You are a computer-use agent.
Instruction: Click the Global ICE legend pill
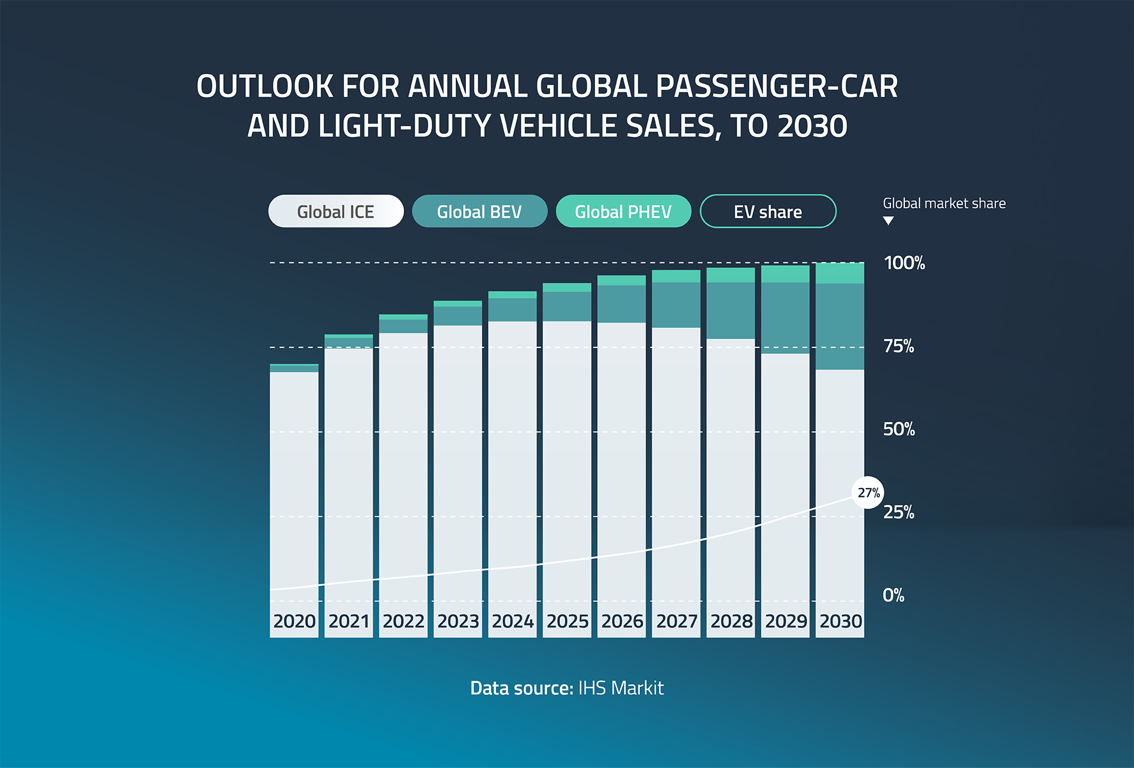click(x=335, y=211)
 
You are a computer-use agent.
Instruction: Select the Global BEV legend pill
click(x=479, y=211)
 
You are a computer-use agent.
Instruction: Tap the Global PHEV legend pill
click(x=623, y=211)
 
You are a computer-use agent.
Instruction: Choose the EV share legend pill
click(x=768, y=211)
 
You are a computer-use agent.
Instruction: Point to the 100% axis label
click(x=904, y=263)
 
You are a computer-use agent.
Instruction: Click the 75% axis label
click(x=899, y=346)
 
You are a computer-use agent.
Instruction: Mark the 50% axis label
click(x=899, y=429)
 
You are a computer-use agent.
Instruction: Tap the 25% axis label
click(x=899, y=512)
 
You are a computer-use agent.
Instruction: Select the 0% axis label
click(x=894, y=595)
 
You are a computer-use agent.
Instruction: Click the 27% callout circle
click(x=868, y=493)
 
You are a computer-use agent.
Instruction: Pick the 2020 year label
click(x=294, y=621)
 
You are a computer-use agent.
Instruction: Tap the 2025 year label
click(x=567, y=621)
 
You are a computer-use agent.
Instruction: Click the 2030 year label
click(x=840, y=621)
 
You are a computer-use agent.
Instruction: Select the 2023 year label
click(x=458, y=621)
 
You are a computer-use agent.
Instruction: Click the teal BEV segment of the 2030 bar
click(x=840, y=326)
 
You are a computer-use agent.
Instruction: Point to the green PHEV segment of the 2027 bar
click(x=676, y=276)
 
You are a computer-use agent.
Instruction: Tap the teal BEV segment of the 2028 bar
click(x=731, y=310)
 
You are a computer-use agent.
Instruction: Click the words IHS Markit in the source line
click(x=621, y=688)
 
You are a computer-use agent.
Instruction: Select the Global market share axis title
click(x=944, y=204)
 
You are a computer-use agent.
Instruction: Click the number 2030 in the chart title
click(x=812, y=126)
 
